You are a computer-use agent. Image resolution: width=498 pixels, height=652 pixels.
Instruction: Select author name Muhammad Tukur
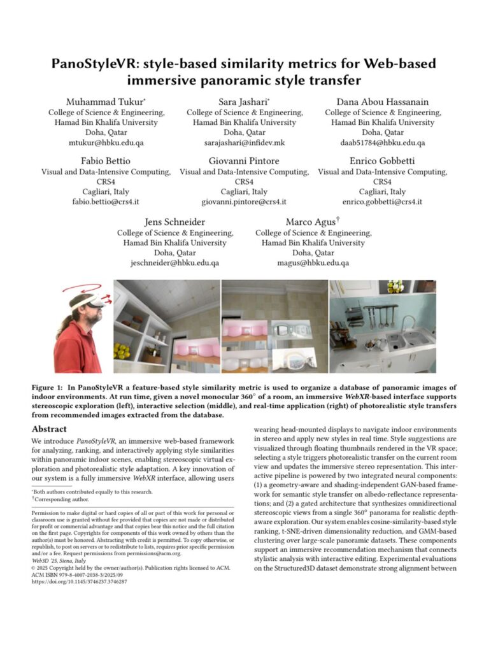click(x=106, y=102)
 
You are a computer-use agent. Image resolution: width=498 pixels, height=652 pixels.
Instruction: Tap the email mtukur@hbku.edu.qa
click(x=106, y=143)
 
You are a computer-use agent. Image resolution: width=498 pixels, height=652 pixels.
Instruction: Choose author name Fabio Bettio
click(x=106, y=160)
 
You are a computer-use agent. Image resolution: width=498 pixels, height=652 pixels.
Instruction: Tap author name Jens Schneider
click(x=175, y=221)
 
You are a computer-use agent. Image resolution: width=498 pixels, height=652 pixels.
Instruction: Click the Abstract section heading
click(x=50, y=429)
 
